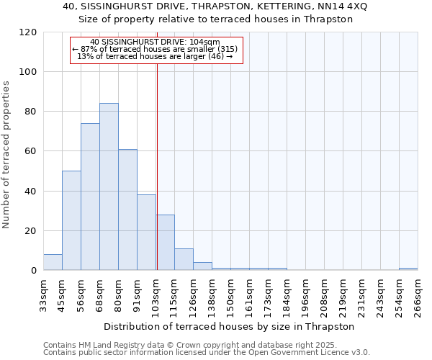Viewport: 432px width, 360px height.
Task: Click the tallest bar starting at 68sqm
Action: [x=109, y=187]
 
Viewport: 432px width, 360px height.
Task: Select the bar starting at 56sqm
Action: [x=90, y=197]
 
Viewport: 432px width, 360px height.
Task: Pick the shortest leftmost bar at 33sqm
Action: [x=53, y=263]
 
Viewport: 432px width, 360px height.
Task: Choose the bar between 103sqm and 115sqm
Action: [x=165, y=243]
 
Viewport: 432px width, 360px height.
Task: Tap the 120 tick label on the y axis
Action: [x=28, y=32]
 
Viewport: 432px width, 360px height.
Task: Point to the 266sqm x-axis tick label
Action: [x=418, y=294]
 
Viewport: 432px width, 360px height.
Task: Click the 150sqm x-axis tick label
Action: [x=230, y=294]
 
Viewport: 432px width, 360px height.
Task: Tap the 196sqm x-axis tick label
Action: [x=305, y=294]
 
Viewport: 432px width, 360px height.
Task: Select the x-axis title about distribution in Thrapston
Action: [x=230, y=326]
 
